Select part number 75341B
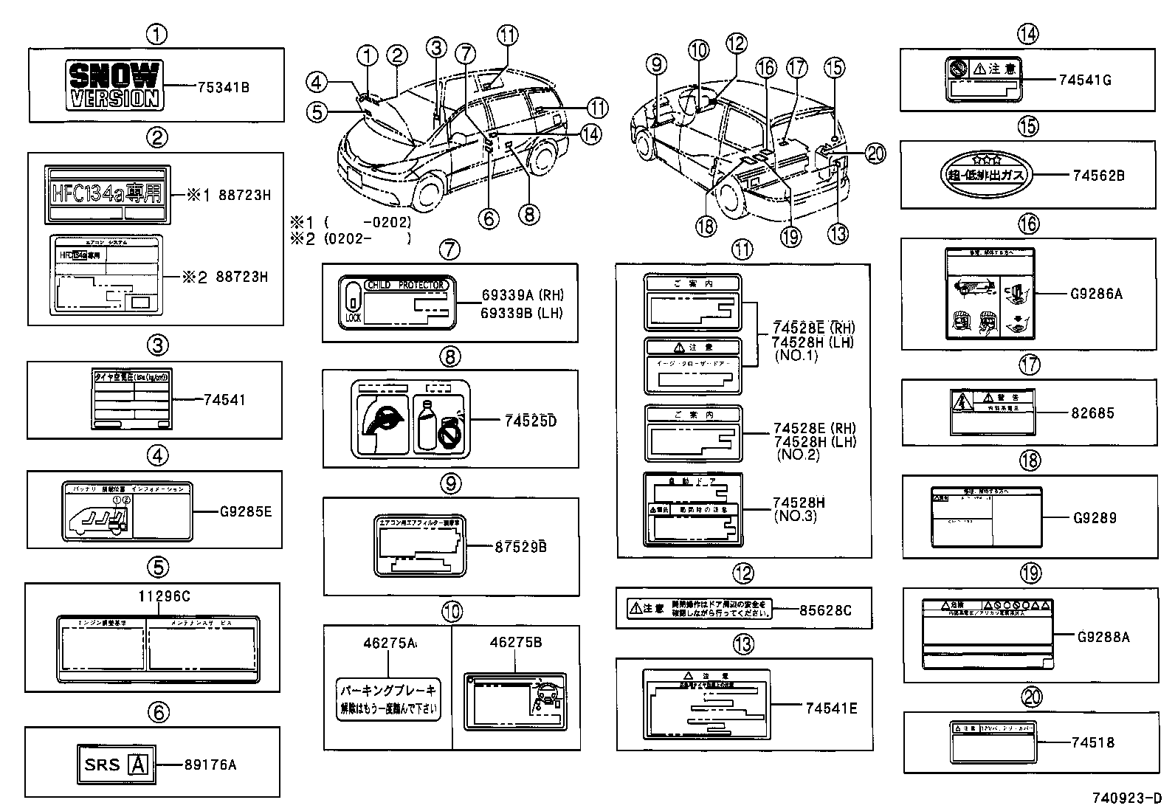[x=224, y=87]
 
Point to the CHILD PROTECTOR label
[x=396, y=302]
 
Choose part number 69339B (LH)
[x=521, y=313]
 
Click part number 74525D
[x=530, y=421]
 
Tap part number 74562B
[x=1098, y=176]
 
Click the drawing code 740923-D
[x=1127, y=798]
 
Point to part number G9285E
[x=246, y=511]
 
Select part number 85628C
[x=825, y=610]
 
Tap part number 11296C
[x=164, y=596]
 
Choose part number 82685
[x=1092, y=413]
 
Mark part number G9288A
[x=1103, y=636]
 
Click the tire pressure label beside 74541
[x=131, y=399]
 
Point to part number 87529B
[x=520, y=547]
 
